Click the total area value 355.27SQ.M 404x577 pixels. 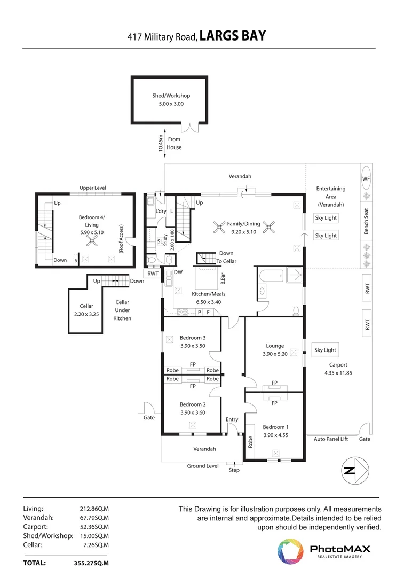tap(91, 563)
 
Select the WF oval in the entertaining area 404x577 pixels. tap(366, 178)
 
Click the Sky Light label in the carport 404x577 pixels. tap(325, 350)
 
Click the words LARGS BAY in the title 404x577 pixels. tap(233, 36)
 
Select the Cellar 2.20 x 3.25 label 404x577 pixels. tap(86, 310)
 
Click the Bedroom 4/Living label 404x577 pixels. tap(92, 221)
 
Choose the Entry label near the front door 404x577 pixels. tap(232, 419)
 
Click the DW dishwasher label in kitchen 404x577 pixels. tap(178, 272)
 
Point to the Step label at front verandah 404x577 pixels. tap(234, 470)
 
